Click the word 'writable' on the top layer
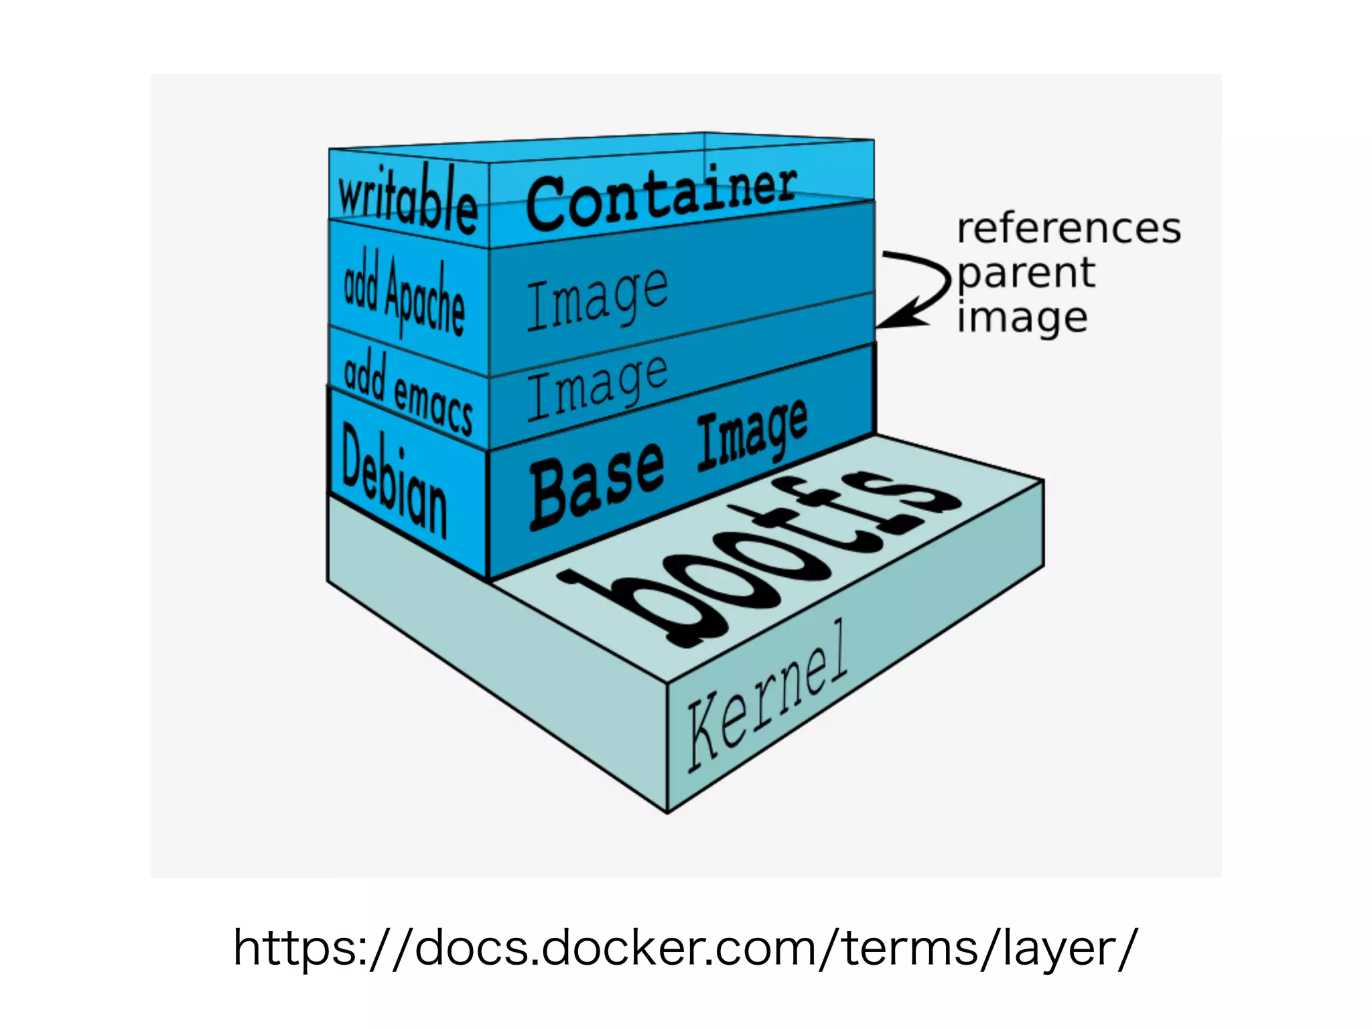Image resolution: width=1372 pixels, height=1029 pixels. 407,198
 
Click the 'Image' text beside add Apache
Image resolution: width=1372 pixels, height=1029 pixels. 597,299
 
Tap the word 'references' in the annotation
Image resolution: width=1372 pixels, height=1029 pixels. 1069,229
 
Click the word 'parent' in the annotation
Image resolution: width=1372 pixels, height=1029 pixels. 1026,273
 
